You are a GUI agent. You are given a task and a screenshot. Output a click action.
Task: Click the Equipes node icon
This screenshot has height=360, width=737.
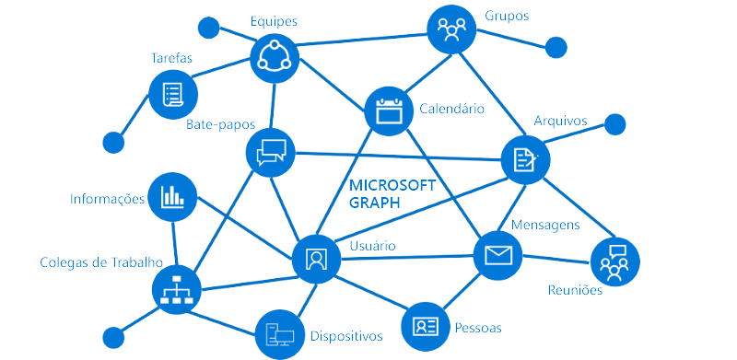click(x=275, y=58)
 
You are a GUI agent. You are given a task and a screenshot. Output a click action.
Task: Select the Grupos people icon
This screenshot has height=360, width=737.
click(x=451, y=30)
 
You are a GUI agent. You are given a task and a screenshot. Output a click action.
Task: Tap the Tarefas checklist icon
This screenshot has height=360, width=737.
click(x=172, y=94)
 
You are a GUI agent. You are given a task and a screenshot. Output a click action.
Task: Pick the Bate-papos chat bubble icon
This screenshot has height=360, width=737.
click(x=272, y=150)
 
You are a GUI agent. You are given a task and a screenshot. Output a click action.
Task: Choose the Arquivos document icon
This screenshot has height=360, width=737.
click(x=525, y=159)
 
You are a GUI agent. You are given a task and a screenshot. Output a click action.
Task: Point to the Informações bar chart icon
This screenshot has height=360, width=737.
click(x=172, y=196)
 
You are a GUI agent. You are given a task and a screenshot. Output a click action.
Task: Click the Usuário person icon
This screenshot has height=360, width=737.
click(x=316, y=258)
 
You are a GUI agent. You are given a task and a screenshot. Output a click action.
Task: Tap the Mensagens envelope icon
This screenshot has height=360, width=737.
click(x=497, y=255)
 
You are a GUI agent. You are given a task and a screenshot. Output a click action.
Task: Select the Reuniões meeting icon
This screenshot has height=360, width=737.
click(x=614, y=261)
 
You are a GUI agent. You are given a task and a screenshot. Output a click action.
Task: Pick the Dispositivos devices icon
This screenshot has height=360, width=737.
click(x=279, y=333)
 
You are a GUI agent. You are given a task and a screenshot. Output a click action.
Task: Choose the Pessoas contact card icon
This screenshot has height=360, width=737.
click(x=426, y=326)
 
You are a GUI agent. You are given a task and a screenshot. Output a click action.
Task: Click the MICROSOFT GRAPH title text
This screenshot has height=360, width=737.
click(x=391, y=194)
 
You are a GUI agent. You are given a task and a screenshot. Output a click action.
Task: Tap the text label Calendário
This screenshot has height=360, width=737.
click(x=451, y=109)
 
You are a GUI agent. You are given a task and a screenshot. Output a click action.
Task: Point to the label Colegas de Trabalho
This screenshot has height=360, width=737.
click(x=101, y=261)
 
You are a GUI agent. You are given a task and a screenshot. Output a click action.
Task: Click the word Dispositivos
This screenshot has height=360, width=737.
click(x=345, y=336)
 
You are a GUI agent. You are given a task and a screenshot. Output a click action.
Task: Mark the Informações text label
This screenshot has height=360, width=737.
click(x=108, y=198)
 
